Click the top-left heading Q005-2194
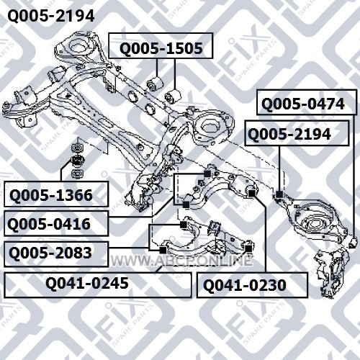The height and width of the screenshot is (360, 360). coord(51,17)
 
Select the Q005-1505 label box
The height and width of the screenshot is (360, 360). coord(161,45)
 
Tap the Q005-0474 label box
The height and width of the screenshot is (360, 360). coord(307,102)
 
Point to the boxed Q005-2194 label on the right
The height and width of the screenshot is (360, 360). coord(297,133)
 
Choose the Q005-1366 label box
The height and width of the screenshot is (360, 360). coord(56,194)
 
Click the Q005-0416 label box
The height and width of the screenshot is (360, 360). coord(56,223)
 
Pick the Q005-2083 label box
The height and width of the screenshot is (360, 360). coord(56,254)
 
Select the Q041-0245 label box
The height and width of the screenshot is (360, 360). coord(98,285)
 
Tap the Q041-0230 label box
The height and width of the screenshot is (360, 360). coord(252,285)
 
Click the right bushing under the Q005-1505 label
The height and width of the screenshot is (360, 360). coord(173,96)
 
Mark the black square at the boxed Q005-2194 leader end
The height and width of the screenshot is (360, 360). coord(279,194)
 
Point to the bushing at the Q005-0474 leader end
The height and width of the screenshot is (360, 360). coord(353,243)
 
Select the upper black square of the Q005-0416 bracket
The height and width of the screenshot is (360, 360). coord(207,174)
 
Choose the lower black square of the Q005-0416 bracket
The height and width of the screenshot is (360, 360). coord(186,204)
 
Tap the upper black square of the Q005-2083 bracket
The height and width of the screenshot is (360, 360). coord(184,225)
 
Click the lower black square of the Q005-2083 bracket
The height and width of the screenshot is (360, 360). coord(163,250)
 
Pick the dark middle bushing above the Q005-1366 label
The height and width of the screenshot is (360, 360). coord(77,161)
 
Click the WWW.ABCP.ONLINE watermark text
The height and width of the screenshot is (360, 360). coord(181,261)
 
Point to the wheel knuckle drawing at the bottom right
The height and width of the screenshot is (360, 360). coord(331,272)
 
